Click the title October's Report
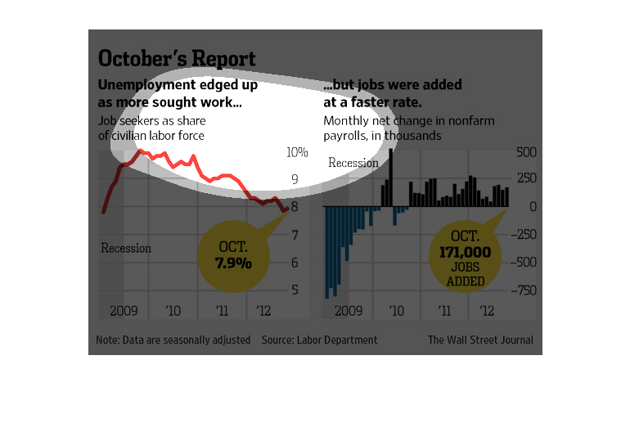(177, 59)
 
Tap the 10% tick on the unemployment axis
(297, 152)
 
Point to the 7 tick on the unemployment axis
(295, 236)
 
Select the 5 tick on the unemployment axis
(295, 290)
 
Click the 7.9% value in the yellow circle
(233, 263)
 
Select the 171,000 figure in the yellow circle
(465, 253)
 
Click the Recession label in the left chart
(126, 248)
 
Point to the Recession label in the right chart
(353, 163)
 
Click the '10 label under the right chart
(397, 311)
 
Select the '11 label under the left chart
(221, 311)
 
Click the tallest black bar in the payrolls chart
(390, 176)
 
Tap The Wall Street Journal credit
(480, 340)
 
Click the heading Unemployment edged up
(178, 84)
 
